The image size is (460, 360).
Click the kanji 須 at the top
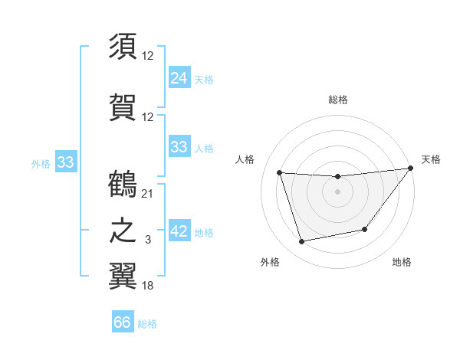123,46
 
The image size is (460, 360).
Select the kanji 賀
123,106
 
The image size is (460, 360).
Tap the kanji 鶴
123,184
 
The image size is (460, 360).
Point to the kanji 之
123,231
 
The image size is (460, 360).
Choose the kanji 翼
123,277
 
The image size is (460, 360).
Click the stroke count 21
148,193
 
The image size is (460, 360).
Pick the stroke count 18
148,286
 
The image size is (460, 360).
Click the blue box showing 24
179,77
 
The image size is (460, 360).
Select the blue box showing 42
179,231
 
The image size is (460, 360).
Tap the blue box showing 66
123,322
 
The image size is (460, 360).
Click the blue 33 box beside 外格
65,162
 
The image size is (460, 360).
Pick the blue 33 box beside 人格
179,147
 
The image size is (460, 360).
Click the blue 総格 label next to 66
148,324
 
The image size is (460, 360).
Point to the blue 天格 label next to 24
204,79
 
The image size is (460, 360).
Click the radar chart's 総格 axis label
337,100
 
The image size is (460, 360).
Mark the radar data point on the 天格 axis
411,169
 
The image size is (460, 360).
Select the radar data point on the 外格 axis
302,242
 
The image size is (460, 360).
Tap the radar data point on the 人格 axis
280,173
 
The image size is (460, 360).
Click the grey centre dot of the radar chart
337,191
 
